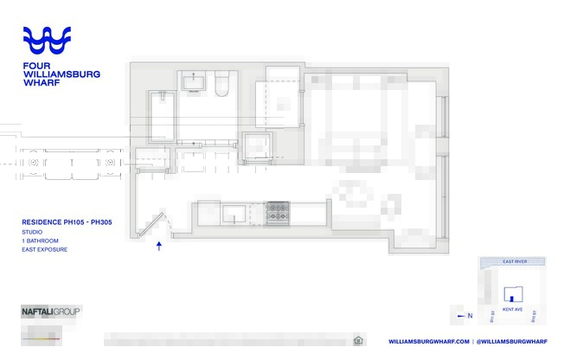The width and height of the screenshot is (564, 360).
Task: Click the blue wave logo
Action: [47, 41]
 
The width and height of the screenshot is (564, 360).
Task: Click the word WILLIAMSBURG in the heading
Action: [61, 74]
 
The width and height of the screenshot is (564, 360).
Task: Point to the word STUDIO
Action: [31, 232]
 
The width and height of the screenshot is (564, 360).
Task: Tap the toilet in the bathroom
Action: [220, 84]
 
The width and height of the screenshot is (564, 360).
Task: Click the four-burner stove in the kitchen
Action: [278, 210]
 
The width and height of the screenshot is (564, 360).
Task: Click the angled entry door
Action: [155, 222]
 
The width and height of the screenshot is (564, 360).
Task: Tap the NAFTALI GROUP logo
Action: [50, 310]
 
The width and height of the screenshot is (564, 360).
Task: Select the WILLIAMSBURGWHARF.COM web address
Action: [429, 341]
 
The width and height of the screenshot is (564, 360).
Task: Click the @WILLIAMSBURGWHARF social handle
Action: [512, 341]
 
